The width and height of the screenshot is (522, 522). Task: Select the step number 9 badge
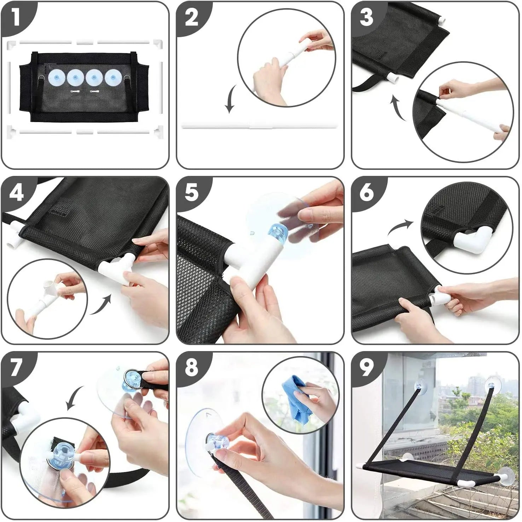click(x=366, y=368)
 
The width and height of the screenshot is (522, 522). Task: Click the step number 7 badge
click(x=16, y=368)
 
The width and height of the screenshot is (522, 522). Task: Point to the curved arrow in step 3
click(x=398, y=108)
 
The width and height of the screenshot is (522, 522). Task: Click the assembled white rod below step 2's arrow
click(x=260, y=125)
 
